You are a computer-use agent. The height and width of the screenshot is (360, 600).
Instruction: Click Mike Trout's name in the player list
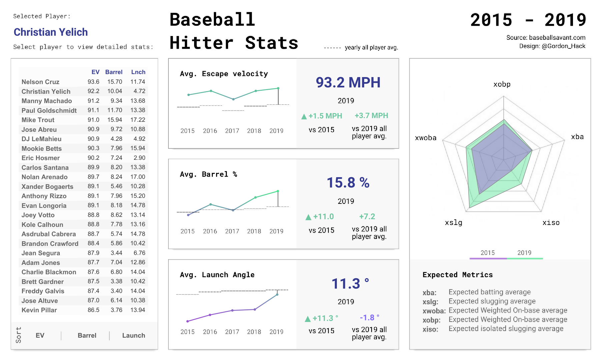[38, 120]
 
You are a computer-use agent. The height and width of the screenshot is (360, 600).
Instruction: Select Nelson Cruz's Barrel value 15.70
[115, 82]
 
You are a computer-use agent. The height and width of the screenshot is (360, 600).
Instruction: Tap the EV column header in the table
[95, 72]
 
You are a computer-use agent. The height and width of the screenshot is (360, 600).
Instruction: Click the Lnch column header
[138, 72]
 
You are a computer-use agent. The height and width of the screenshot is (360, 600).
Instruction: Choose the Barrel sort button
[87, 335]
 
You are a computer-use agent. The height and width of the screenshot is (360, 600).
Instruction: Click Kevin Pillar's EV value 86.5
[93, 310]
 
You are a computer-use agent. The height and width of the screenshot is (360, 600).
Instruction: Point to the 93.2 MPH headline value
[348, 82]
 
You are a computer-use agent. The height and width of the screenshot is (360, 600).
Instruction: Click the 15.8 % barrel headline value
[348, 183]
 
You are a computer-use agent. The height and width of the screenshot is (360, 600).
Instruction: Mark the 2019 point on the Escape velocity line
[278, 88]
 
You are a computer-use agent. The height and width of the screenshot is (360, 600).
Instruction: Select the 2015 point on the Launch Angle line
[188, 321]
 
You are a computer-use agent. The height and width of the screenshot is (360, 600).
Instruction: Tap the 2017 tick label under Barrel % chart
[232, 231]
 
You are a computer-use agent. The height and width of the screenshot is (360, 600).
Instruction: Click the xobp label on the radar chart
[502, 84]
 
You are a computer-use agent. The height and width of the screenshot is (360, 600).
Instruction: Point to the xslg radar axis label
[454, 223]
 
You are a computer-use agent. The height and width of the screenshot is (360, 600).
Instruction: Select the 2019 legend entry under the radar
[524, 253]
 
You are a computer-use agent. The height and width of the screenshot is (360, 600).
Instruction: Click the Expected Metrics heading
[458, 275]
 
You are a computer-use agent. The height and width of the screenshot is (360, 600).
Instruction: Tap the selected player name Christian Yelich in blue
[51, 32]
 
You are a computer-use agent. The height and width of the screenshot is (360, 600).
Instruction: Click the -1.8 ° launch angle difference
[370, 318]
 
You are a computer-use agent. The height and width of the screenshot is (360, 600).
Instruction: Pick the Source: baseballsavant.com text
[546, 37]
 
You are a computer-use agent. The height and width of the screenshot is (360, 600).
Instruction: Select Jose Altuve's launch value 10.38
[138, 300]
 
